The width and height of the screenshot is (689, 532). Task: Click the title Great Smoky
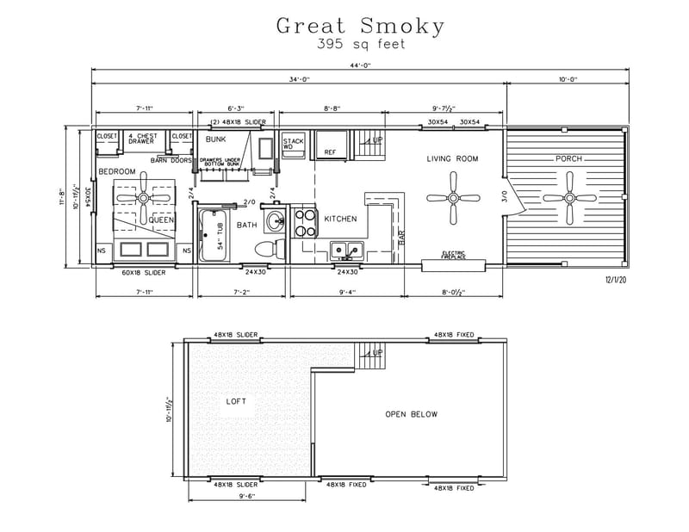click(x=360, y=26)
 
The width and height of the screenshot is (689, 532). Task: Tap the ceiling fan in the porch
click(x=569, y=198)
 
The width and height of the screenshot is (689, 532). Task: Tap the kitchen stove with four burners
click(x=305, y=223)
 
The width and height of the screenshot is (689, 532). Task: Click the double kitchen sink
click(x=348, y=251)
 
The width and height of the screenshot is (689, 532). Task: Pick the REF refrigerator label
click(x=329, y=152)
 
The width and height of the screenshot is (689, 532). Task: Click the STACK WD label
click(x=293, y=143)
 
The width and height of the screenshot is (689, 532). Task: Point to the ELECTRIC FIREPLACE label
click(x=454, y=255)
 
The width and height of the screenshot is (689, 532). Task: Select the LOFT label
click(x=237, y=400)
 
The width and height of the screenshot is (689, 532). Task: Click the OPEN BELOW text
click(x=411, y=414)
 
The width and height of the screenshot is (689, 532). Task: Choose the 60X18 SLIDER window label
click(x=143, y=273)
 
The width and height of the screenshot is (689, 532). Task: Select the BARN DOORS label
click(x=170, y=159)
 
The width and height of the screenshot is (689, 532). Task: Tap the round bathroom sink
click(x=274, y=220)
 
